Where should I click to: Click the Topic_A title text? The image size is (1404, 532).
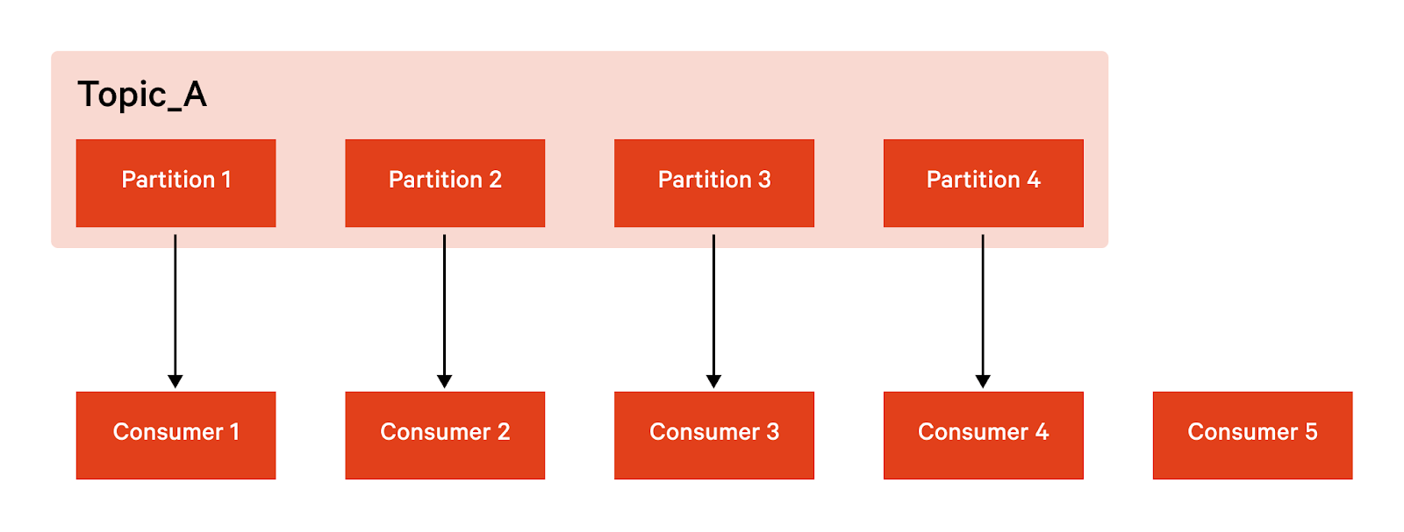(x=142, y=95)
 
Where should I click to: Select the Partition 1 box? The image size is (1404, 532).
(x=175, y=182)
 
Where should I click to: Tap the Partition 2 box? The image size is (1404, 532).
(x=445, y=182)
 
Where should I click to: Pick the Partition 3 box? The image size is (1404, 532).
(x=713, y=182)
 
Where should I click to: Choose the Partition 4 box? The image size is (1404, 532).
(x=983, y=182)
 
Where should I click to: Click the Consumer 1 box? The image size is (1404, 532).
(x=175, y=435)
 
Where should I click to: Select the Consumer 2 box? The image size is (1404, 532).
(x=445, y=435)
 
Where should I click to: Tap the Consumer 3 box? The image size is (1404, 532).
(x=713, y=435)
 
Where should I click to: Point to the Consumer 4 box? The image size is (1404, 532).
(x=983, y=435)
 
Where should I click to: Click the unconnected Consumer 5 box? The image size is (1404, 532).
(x=1252, y=435)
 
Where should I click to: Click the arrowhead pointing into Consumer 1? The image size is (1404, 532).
(x=175, y=381)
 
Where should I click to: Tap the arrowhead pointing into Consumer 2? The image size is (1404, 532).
(x=445, y=381)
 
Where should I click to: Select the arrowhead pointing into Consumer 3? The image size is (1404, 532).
(x=713, y=381)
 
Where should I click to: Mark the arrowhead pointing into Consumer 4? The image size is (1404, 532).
(x=983, y=381)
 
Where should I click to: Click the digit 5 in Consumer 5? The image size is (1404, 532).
(x=1311, y=432)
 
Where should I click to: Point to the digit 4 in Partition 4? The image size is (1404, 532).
(x=1034, y=180)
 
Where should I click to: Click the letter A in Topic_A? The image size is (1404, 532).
(x=195, y=94)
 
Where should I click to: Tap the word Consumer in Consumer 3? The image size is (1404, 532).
(x=704, y=432)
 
